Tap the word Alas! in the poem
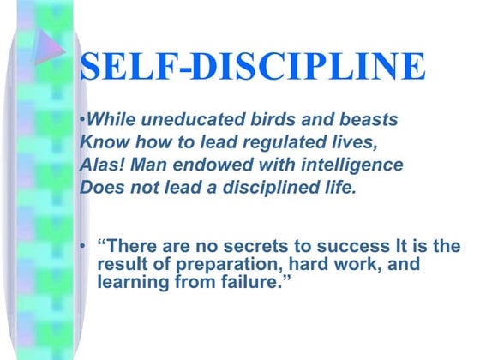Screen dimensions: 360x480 (x=99, y=165)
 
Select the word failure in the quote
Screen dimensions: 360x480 (x=260, y=282)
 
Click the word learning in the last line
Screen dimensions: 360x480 (x=136, y=282)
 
